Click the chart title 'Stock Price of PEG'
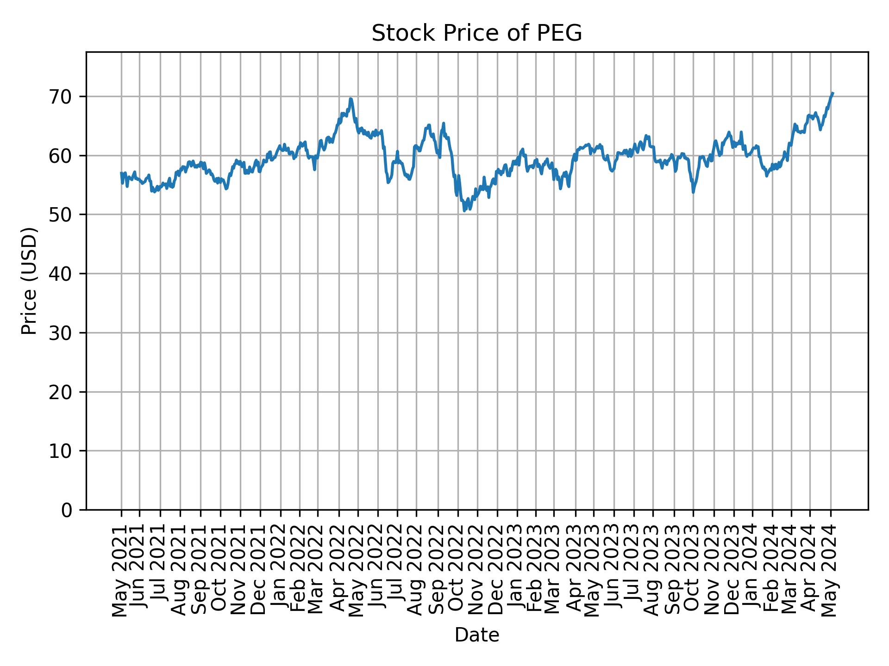[476, 33]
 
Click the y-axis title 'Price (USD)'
[29, 281]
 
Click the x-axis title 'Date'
[476, 635]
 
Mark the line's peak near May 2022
[351, 99]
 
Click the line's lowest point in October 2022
[464, 211]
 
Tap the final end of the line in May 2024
[833, 93]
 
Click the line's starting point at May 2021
[121, 173]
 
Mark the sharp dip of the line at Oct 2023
[693, 192]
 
